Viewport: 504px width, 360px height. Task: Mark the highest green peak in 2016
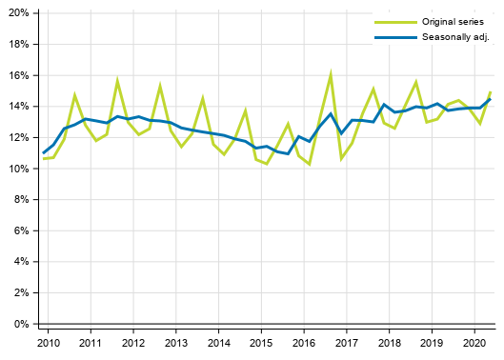331,72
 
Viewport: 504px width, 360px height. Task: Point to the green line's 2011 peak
117,81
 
